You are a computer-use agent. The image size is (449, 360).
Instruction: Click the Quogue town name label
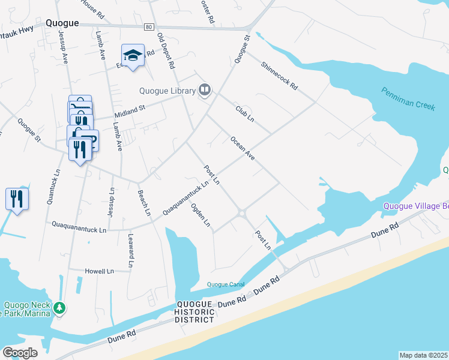62,23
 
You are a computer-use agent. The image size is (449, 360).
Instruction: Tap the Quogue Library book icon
205,91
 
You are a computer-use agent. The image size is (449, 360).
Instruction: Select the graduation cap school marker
133,56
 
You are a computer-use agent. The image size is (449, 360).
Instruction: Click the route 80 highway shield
149,26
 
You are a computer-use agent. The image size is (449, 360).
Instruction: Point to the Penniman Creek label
408,98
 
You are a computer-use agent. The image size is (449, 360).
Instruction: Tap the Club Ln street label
245,113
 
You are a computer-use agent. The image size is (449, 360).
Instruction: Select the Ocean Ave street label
243,149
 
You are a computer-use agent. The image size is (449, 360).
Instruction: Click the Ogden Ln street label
200,215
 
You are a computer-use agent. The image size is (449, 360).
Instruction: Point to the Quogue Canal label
225,284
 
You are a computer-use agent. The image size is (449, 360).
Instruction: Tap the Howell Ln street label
99,271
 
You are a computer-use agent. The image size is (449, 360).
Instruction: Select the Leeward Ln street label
130,251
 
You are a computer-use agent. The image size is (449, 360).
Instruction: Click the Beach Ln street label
144,204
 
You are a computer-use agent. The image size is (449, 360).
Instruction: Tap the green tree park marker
59,308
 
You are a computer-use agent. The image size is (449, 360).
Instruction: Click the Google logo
20,352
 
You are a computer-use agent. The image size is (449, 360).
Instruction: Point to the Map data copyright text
423,355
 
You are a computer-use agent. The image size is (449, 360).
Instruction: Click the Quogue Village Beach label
417,207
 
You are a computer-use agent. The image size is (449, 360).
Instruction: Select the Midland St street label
130,109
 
